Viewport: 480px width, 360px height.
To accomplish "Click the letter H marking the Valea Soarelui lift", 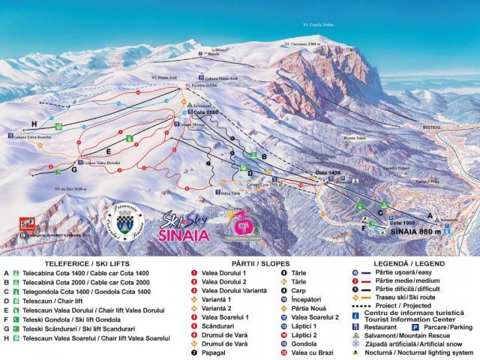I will tap(33, 123).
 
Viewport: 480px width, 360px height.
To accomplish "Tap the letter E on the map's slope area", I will tap(109, 150).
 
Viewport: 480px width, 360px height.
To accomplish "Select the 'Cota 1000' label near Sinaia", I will tap(403, 223).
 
